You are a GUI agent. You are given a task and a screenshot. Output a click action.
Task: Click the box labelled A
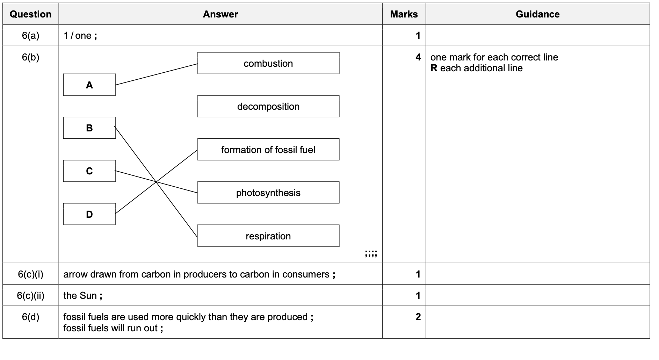(89, 85)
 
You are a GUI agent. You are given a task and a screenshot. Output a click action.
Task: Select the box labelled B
(89, 128)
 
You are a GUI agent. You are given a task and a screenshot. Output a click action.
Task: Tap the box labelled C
(89, 171)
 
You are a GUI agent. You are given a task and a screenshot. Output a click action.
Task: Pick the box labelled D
(89, 214)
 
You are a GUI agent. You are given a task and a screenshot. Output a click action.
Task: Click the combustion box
(268, 63)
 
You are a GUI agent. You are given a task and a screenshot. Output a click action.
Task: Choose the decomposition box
(268, 106)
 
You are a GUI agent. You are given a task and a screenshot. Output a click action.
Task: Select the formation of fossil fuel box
(268, 150)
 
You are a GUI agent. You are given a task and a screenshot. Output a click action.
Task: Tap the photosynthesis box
(268, 193)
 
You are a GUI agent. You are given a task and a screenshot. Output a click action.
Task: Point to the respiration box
(268, 236)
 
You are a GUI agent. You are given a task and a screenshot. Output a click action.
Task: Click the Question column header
(31, 14)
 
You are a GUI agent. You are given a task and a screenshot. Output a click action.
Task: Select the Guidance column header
(537, 14)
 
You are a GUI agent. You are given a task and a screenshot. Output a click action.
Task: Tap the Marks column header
(404, 14)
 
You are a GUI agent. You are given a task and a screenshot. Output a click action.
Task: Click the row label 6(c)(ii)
(31, 296)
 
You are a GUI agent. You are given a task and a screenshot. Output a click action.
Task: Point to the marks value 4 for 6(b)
(418, 57)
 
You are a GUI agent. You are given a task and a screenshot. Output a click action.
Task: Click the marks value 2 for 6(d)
(418, 317)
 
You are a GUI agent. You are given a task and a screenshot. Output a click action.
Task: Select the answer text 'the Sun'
(80, 296)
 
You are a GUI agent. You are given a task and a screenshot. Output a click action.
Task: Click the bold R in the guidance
(434, 68)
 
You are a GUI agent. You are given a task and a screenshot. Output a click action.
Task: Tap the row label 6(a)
(31, 36)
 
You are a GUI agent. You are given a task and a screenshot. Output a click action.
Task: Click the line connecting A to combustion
(156, 74)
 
